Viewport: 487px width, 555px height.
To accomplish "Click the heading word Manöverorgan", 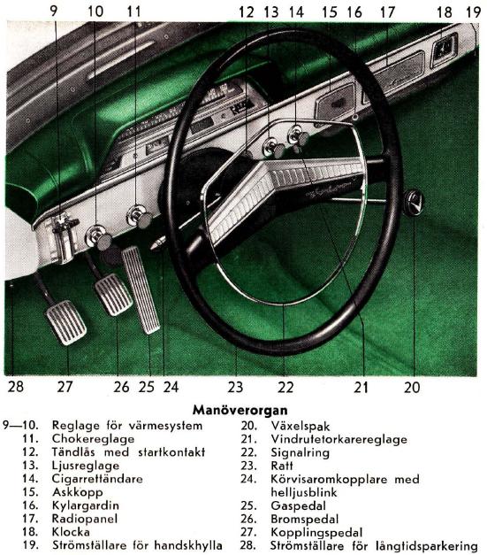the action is tap(240, 410).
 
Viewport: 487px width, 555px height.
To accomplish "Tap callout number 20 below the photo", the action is tap(412, 387).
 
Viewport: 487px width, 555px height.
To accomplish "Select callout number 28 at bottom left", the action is tap(16, 386).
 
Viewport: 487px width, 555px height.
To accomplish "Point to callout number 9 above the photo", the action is tap(54, 11).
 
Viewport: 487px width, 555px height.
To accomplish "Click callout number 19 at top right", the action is tap(474, 12).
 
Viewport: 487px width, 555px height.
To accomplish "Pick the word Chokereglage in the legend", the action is tap(93, 439).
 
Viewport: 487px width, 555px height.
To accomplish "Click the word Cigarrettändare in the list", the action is tap(97, 479).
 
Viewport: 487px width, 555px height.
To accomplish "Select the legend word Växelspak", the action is tap(301, 426).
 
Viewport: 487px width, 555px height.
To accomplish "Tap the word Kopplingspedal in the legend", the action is tap(316, 533).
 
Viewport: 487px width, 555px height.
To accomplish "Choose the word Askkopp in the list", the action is tap(78, 492).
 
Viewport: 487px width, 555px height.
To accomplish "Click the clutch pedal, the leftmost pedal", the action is tap(65, 322).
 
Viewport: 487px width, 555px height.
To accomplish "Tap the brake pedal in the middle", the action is tap(113, 295).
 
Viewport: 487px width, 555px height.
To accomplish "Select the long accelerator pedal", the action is tap(141, 289).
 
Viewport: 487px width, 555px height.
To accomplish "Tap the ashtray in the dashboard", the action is tap(335, 103).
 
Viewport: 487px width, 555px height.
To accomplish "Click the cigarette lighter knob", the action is tap(298, 136).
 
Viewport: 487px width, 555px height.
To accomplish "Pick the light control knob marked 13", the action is tap(274, 149).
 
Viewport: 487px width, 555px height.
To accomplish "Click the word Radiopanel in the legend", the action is tap(85, 519).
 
